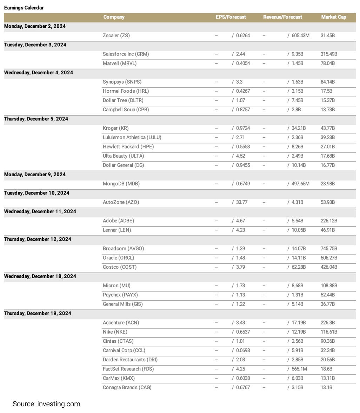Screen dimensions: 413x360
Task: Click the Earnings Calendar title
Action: click(x=24, y=8)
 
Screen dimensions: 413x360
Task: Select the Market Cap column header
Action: click(x=333, y=17)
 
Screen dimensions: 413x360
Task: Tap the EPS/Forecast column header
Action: click(x=231, y=17)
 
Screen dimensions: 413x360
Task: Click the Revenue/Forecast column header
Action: click(x=282, y=17)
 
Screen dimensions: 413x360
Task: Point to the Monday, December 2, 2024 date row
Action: click(x=35, y=26)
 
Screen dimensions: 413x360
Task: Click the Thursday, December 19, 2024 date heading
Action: click(x=38, y=313)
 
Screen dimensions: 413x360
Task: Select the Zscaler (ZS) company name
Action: click(x=116, y=35)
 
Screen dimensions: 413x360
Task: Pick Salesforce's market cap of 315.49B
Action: click(x=329, y=54)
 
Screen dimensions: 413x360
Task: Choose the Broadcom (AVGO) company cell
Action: click(x=124, y=249)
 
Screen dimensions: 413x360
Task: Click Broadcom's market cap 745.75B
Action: click(x=329, y=249)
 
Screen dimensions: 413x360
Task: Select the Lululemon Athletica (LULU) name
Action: click(x=132, y=137)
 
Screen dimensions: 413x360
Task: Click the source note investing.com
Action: click(x=46, y=404)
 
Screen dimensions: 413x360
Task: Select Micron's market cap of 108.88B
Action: click(x=329, y=286)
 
